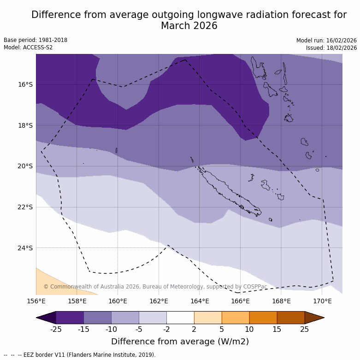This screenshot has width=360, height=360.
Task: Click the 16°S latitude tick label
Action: [x=25, y=84]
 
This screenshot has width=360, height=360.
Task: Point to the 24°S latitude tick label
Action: [x=25, y=248]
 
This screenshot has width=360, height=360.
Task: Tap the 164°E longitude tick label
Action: [x=200, y=301]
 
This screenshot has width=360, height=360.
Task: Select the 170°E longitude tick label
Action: [x=322, y=301]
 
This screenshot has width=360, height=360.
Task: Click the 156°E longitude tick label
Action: [x=36, y=301]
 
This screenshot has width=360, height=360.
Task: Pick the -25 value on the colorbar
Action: [x=56, y=329]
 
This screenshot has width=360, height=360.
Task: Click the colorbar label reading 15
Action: [x=277, y=329]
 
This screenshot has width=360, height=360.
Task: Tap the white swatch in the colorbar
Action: [x=180, y=318]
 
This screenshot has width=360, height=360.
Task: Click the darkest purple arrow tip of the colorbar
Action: [x=46, y=318]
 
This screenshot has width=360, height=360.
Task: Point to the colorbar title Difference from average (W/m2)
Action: [x=180, y=342]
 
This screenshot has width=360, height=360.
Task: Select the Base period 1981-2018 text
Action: [x=35, y=40]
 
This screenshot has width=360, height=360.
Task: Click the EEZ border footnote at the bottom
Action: [x=80, y=355]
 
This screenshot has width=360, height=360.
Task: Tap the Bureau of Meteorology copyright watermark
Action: [x=155, y=287]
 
